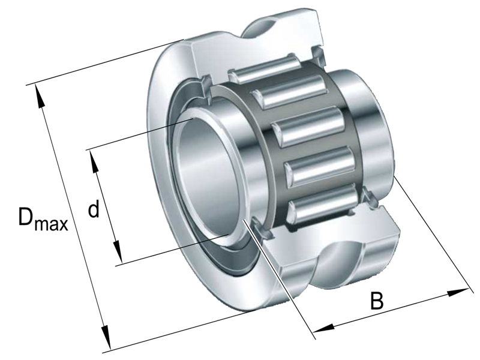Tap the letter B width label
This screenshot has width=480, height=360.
click(376, 301)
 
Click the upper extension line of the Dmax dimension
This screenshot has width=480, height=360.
click(108, 63)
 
